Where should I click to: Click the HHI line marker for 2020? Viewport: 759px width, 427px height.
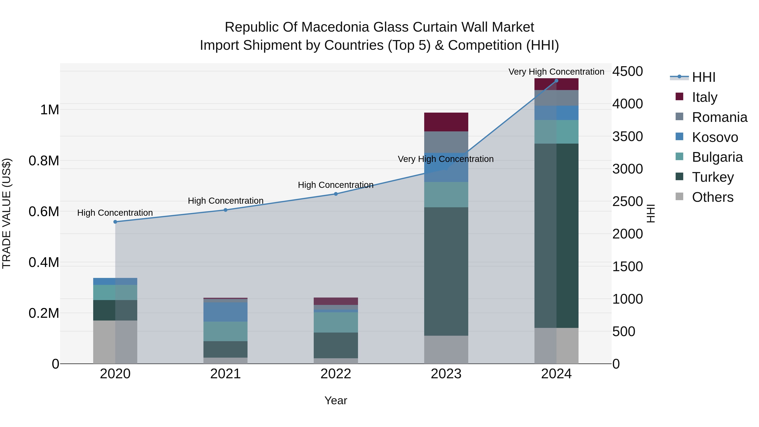pos(115,222)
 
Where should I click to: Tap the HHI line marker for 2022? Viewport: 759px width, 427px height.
pos(336,194)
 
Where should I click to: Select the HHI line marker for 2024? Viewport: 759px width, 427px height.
pos(556,81)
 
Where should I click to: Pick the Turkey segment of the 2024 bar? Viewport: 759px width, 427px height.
pos(556,236)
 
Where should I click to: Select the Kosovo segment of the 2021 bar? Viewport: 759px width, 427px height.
pos(225,312)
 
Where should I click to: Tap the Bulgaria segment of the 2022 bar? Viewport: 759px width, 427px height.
pos(336,322)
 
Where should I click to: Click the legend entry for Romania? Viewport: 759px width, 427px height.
pos(719,117)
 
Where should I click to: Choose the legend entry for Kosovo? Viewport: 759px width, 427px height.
pos(715,137)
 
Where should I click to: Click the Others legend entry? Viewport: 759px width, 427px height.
pos(712,197)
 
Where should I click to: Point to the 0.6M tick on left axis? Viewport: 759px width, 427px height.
pos(44,211)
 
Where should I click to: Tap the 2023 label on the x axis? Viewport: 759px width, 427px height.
pos(446,374)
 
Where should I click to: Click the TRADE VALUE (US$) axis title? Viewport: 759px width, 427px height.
pos(7,213)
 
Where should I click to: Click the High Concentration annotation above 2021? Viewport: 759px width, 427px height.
pos(225,201)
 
